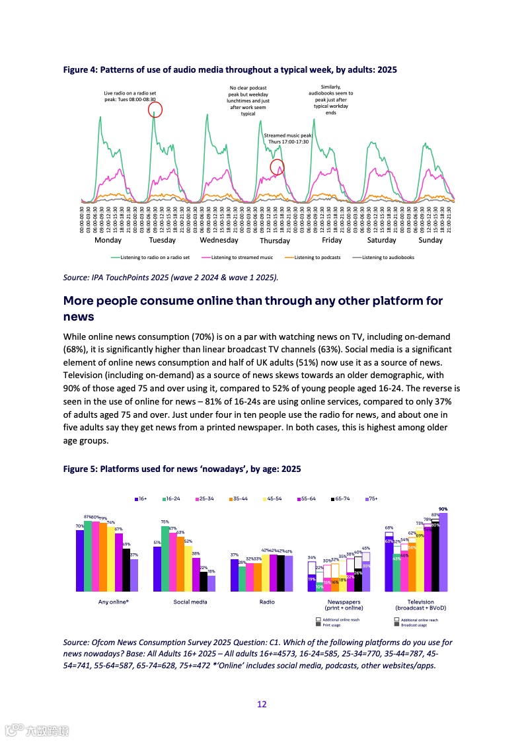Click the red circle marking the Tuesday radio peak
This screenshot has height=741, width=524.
click(x=155, y=109)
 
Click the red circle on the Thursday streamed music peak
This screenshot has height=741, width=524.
click(x=278, y=167)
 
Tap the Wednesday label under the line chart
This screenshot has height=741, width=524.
click(x=218, y=241)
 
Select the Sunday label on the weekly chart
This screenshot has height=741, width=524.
click(x=430, y=241)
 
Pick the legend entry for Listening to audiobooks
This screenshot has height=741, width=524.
click(x=388, y=257)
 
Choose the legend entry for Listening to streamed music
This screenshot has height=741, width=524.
click(x=242, y=257)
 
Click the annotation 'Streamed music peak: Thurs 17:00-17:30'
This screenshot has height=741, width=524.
click(x=287, y=138)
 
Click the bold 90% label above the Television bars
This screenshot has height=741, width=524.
click(x=443, y=509)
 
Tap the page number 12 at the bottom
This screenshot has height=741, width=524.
click(x=262, y=705)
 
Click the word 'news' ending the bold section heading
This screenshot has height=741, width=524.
click(x=79, y=317)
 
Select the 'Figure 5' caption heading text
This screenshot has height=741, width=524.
click(x=182, y=469)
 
